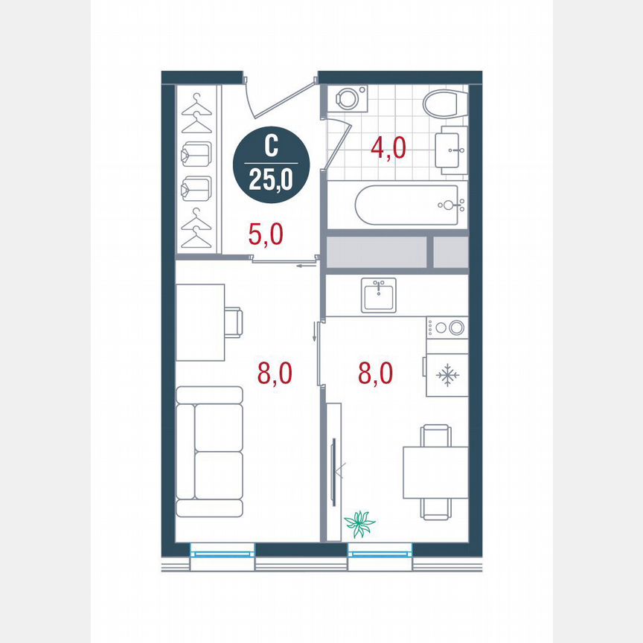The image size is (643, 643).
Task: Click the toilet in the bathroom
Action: (444, 104)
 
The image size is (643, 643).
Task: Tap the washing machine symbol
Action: (347, 98)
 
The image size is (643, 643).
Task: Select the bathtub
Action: (410, 205)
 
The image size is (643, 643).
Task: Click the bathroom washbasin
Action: (451, 150)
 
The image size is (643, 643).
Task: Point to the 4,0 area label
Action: (388, 148)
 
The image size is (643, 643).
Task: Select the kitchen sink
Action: (380, 295)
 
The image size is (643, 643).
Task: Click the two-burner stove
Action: (447, 327)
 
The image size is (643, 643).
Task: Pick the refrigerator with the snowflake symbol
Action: (447, 375)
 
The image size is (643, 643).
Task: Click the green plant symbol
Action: (361, 524)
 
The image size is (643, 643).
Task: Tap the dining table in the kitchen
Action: (435, 472)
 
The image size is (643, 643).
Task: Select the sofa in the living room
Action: (210, 452)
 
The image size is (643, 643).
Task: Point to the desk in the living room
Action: (200, 322)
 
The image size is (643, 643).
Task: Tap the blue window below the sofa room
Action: (222, 551)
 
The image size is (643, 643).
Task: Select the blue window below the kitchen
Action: (380, 551)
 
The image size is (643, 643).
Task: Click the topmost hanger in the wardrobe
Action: (197, 99)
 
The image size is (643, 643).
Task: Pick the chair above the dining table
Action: (435, 435)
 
